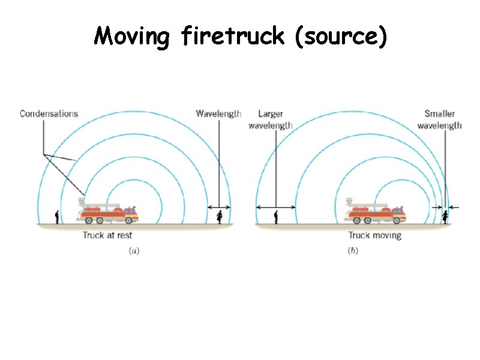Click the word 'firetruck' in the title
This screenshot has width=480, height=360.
pos(233,37)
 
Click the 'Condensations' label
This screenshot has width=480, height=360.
pos(49,113)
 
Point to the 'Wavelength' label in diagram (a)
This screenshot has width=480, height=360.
pos(218,113)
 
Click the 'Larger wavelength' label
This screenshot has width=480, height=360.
pos(271,119)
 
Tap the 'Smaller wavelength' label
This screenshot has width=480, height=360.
pos(439,119)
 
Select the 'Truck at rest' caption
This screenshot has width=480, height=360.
pos(107,236)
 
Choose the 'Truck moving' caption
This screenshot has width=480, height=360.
pos(374,236)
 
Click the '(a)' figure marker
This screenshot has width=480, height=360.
pos(134,251)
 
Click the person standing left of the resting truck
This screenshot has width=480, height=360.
pos(57,217)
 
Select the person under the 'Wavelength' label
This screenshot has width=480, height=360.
pos(220,217)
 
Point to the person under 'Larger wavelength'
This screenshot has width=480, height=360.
pos(276,217)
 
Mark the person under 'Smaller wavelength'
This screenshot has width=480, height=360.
pos(445,217)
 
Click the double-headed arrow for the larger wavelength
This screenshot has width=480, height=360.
pos(276,207)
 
